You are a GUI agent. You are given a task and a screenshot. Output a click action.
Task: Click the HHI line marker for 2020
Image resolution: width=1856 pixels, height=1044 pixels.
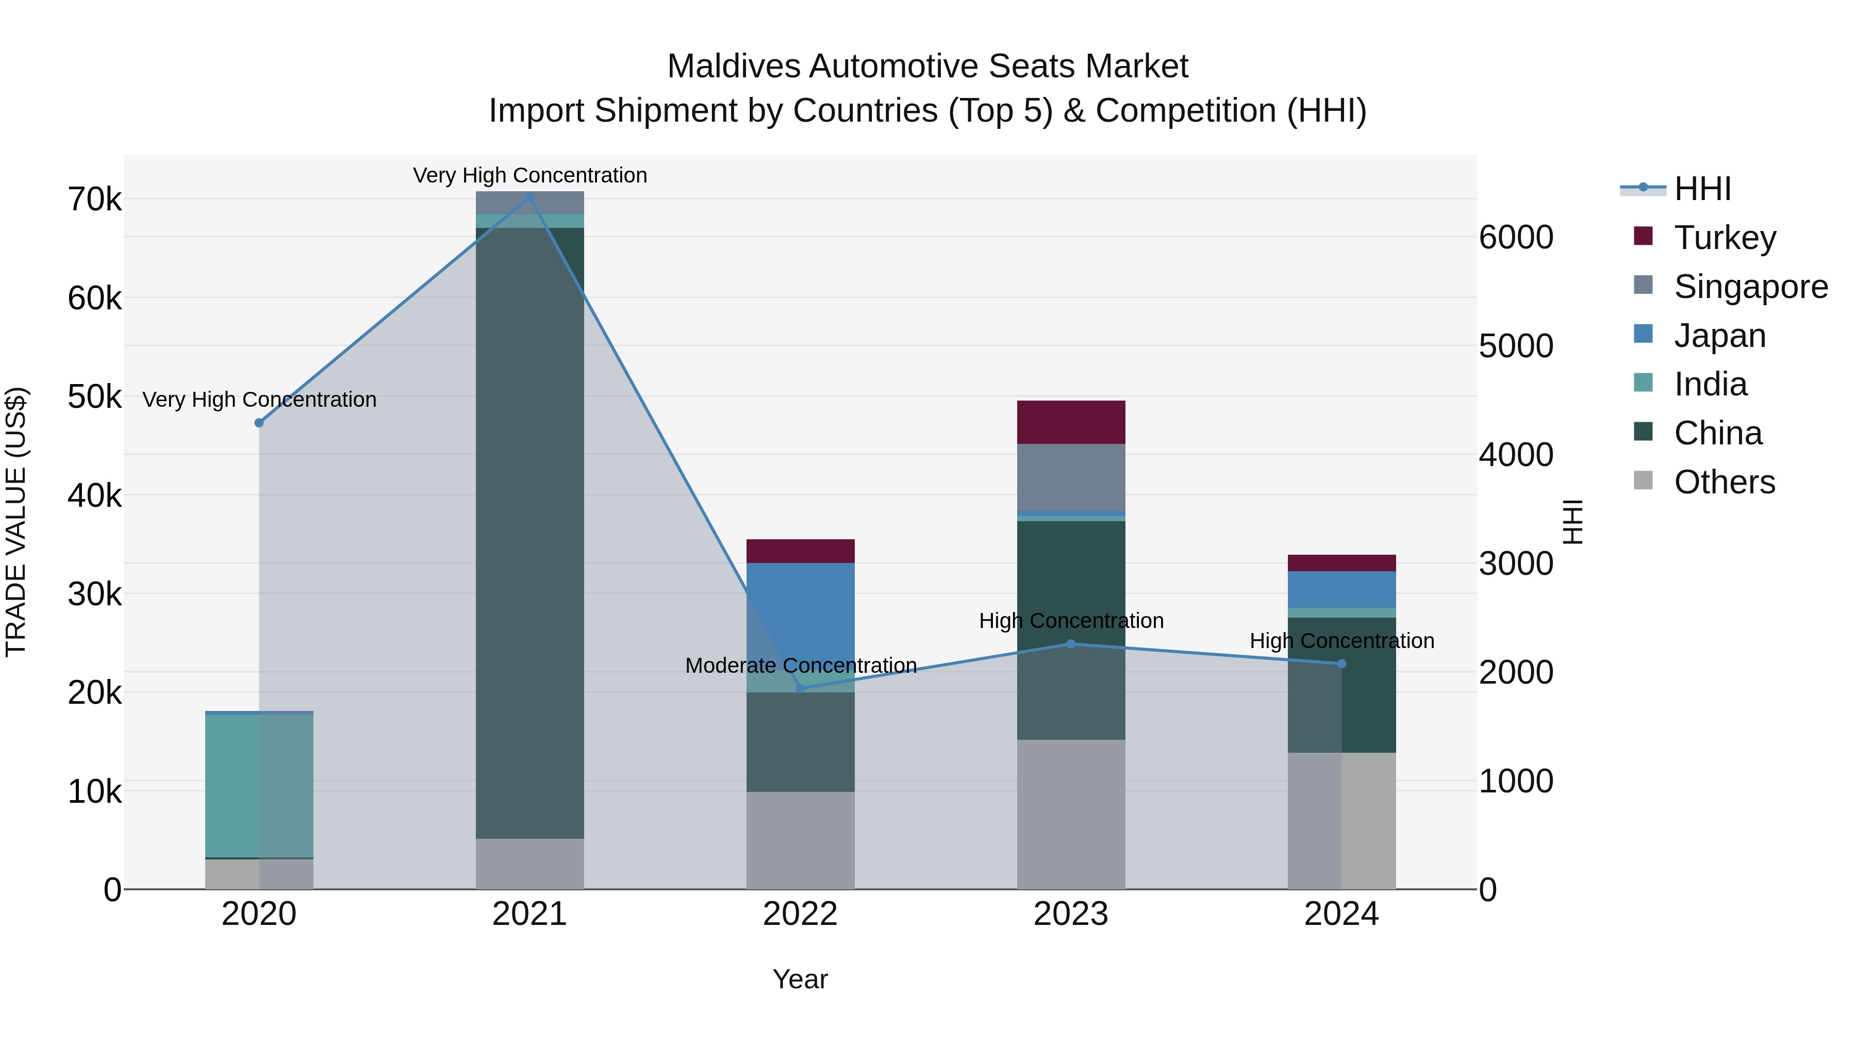[x=259, y=423]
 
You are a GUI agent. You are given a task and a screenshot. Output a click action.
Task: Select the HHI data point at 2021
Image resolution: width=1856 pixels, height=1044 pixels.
[x=529, y=197]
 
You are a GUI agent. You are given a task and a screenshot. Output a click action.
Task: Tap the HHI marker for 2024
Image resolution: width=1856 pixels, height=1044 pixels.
[x=1341, y=664]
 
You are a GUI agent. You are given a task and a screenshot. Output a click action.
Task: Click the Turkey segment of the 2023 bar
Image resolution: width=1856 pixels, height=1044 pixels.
[x=1071, y=422]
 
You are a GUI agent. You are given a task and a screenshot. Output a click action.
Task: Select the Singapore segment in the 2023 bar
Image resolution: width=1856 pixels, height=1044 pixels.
[x=1071, y=477]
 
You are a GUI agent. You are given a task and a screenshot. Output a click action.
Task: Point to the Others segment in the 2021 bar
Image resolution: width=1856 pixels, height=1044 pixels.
[x=529, y=863]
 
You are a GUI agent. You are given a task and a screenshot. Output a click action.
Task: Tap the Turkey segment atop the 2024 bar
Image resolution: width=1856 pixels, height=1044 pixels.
[x=1341, y=562]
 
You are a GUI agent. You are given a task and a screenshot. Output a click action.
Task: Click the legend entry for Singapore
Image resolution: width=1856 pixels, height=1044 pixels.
[x=1750, y=287]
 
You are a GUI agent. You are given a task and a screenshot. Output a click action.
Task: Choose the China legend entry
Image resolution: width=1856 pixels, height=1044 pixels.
[x=1718, y=433]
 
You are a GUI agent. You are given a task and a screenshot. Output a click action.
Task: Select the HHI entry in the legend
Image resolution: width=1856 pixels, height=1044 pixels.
[x=1702, y=189]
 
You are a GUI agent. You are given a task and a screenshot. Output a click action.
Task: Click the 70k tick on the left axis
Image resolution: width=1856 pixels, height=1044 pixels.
[x=94, y=200]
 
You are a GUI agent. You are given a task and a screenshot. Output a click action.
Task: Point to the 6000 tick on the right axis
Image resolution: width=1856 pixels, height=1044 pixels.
[x=1516, y=237]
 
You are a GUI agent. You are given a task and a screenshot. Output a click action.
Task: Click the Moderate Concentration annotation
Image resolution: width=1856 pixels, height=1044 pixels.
[x=801, y=665]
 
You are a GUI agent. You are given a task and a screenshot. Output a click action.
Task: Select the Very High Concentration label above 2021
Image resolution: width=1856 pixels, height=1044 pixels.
[x=529, y=175]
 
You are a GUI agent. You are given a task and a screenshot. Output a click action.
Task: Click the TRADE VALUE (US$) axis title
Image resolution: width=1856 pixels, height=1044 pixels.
[x=16, y=522]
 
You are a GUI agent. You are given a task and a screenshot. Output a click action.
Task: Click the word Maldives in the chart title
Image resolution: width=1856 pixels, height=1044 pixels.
[x=734, y=67]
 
